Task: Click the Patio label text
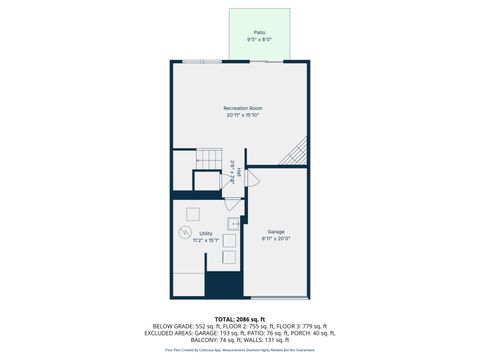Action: coord(259,32)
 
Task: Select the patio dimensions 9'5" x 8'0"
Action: coord(259,39)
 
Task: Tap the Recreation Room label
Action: coord(242,108)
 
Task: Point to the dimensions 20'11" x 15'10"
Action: coord(242,115)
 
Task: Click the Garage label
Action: coord(275,232)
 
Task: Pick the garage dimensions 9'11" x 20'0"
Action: coord(275,239)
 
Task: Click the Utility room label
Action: coord(205,233)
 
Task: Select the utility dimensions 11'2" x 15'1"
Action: coord(205,240)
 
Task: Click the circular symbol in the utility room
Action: coord(184,233)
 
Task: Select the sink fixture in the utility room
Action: coord(233,224)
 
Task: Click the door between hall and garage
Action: coord(252,180)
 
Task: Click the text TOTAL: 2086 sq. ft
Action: coord(240,317)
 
